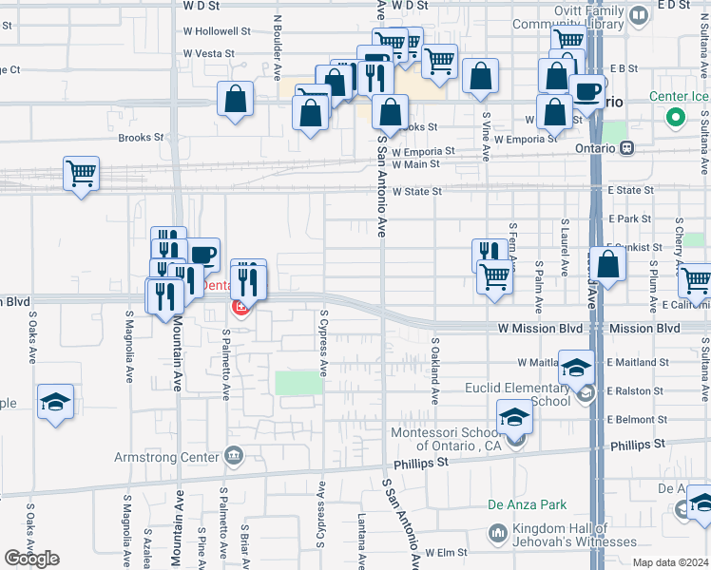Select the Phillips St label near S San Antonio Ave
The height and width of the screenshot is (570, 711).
415,462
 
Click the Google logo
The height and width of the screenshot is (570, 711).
31,559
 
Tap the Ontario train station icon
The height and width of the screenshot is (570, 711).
626,147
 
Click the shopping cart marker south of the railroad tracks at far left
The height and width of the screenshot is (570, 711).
82,174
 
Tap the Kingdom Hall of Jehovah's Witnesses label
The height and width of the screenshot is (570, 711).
573,535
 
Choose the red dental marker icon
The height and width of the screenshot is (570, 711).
240,307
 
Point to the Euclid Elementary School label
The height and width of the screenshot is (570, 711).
518,394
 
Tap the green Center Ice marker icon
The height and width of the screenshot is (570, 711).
676,119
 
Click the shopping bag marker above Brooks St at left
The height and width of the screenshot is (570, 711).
235,99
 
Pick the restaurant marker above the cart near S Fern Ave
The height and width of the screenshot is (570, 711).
490,253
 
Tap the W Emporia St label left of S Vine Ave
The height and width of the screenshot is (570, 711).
424,152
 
